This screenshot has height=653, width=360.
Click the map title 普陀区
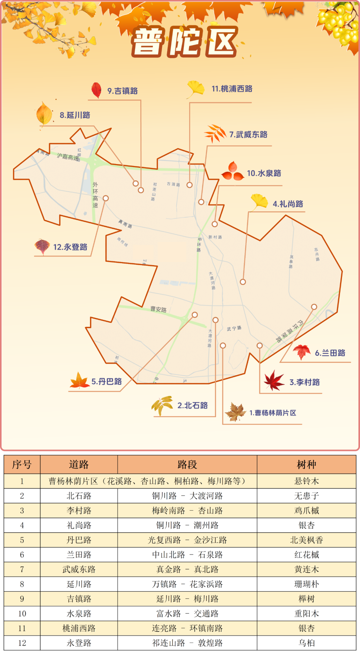[184, 41]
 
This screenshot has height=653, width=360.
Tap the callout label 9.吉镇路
[122, 91]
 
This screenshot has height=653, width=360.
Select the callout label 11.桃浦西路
[232, 89]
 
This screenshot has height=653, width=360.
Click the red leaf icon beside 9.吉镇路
[96, 90]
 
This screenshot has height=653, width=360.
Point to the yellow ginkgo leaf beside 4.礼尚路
[259, 202]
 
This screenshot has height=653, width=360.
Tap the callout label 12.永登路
[70, 247]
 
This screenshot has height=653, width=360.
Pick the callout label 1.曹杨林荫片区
[273, 413]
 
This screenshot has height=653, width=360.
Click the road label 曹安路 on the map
[158, 309]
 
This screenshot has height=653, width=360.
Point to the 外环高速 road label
[95, 195]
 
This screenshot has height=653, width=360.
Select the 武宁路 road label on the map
[234, 329]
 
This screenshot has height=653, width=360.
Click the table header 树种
[306, 465]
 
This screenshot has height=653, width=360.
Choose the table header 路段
[187, 465]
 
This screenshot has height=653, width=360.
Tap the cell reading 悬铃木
[306, 481]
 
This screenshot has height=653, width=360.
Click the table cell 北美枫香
[306, 540]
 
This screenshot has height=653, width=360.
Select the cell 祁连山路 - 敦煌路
[187, 643]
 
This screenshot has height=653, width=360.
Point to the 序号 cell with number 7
[22, 569]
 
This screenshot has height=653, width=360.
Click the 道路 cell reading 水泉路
[79, 613]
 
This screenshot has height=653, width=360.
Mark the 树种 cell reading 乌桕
[306, 643]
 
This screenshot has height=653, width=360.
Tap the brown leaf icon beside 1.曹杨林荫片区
[235, 412]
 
